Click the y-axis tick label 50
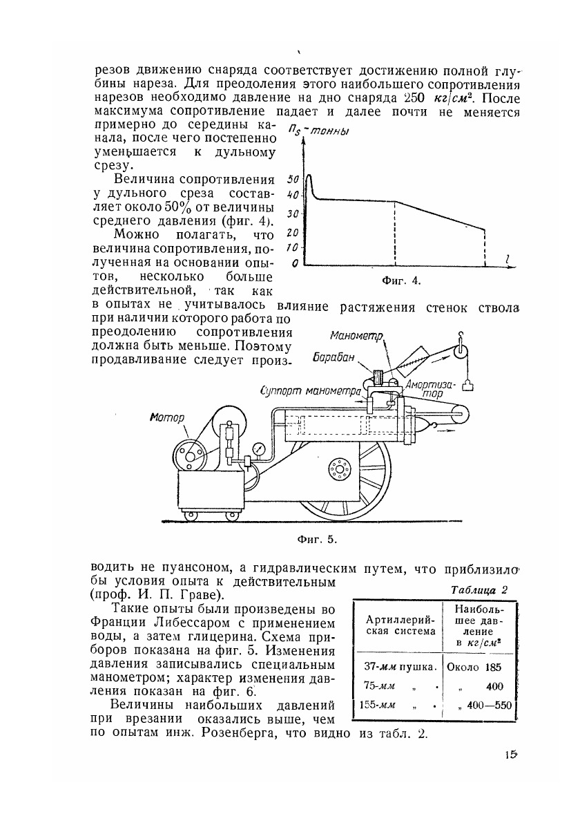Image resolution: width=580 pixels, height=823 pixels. tap(292, 178)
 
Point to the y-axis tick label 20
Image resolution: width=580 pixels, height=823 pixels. tap(292, 232)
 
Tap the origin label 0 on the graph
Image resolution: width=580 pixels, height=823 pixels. tap(294, 263)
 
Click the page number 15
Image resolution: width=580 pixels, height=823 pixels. tap(511, 755)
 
